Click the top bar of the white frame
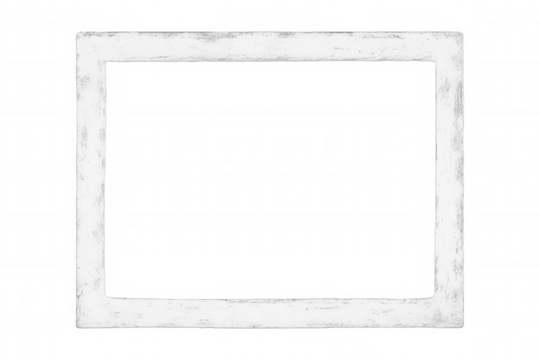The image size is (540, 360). tap(270, 46)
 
